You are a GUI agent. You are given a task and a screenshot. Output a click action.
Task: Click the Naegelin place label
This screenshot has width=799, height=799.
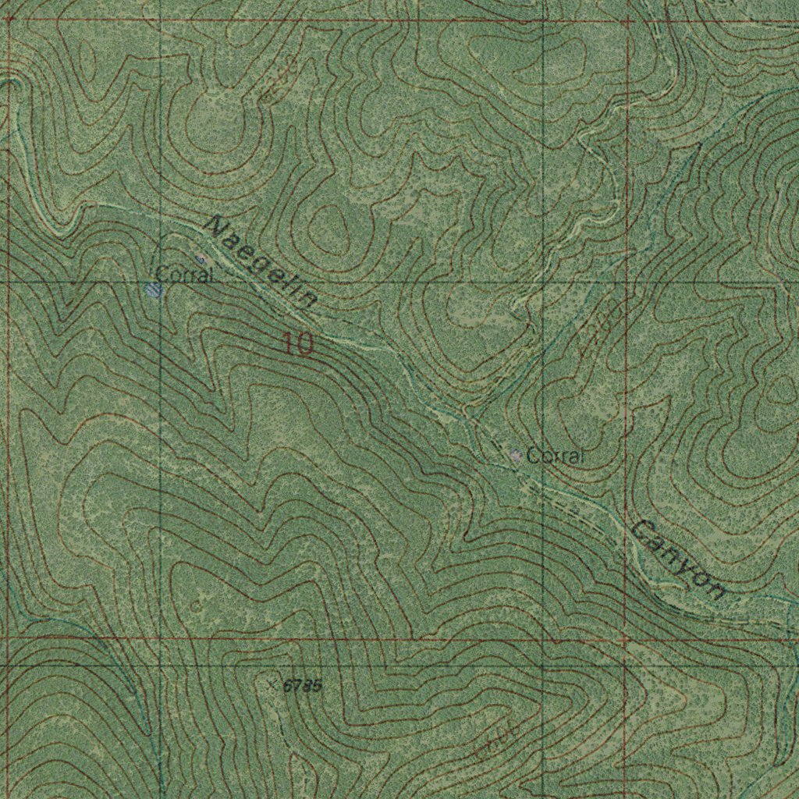[262, 262]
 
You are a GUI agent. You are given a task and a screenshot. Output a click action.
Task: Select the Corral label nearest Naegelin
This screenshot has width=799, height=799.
[184, 275]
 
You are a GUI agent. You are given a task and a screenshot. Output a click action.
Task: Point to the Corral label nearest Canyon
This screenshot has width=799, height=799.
[555, 456]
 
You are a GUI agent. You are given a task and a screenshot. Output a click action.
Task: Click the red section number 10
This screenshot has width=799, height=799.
[298, 343]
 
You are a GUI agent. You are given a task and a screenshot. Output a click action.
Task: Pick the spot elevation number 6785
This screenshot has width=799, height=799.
[302, 686]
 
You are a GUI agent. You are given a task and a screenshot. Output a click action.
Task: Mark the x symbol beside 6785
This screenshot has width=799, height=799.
[272, 684]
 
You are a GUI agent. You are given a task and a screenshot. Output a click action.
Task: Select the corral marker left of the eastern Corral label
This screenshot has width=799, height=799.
[516, 455]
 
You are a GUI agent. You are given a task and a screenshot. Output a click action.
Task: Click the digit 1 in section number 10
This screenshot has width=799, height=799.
[289, 343]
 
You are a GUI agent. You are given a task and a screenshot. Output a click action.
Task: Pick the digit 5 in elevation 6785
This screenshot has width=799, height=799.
[315, 687]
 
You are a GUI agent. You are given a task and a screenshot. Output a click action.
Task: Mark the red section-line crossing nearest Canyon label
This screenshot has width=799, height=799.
[627, 638]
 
